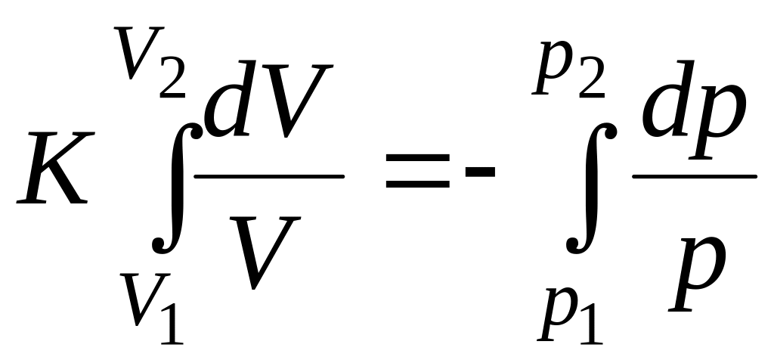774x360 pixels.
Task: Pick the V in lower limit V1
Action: coord(137,300)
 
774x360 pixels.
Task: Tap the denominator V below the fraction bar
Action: coord(265,250)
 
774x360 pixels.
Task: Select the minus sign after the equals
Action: coord(480,173)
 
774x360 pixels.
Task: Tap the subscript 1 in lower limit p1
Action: coord(593,321)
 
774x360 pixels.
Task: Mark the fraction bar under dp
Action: coord(695,176)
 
